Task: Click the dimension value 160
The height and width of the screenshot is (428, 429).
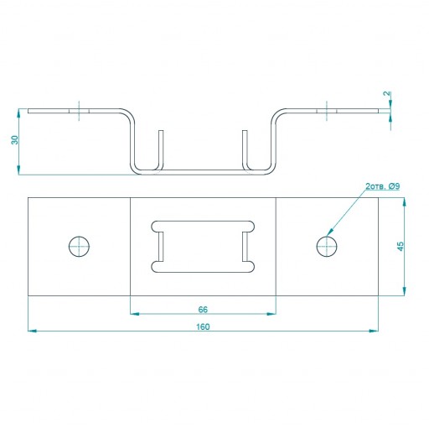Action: coord(203,326)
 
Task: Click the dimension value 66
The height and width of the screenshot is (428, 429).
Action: coord(203,310)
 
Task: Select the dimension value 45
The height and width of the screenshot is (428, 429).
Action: coord(401,246)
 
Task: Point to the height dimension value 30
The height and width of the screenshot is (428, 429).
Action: coord(14,140)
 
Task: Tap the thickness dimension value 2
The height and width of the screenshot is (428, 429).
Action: coord(387,94)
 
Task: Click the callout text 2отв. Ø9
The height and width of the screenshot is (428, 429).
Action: coord(383,186)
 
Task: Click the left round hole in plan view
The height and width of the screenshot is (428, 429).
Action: coord(79,247)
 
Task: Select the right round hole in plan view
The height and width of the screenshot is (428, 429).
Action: coord(327,247)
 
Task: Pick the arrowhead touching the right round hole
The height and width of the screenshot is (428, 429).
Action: coord(330,232)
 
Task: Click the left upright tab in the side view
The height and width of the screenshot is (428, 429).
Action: coord(161,149)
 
